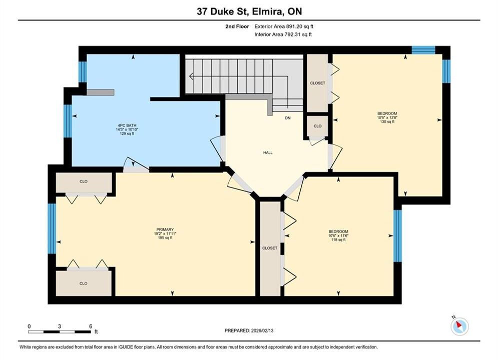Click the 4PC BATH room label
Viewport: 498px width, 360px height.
coord(127,125)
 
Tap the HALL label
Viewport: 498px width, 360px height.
coord(268,152)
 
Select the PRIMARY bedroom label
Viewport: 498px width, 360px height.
coord(165,229)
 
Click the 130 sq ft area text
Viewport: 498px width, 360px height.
coord(387,121)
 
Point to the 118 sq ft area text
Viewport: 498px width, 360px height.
coord(338,240)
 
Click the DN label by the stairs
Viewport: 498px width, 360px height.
coord(288,118)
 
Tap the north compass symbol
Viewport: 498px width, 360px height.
coord(459,325)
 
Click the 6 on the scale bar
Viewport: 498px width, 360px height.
coord(91,326)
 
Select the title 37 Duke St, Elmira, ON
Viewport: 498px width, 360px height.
coord(249,11)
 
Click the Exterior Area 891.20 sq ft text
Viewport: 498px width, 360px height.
coord(284,26)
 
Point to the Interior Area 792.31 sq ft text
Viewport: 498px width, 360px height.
coord(283,34)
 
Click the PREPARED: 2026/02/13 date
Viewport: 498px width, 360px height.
coord(249,330)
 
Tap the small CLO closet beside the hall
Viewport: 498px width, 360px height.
coord(318,126)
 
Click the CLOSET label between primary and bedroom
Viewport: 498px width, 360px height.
coord(270,248)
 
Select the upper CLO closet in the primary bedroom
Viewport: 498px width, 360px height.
coord(84,182)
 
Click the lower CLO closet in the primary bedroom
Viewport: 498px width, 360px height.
coord(84,283)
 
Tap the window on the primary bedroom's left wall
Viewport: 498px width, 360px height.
coord(52,228)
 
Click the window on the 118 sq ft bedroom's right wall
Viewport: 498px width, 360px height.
coord(397,236)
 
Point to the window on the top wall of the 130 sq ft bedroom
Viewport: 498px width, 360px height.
coord(423,50)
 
